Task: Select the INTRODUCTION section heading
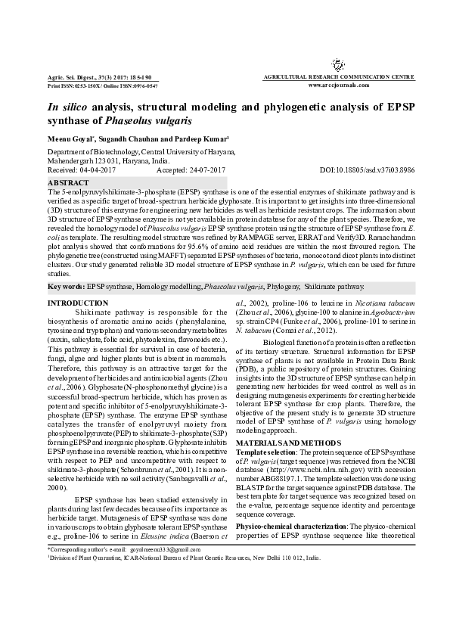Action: pos(78,281)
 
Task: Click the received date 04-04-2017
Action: pos(98,171)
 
